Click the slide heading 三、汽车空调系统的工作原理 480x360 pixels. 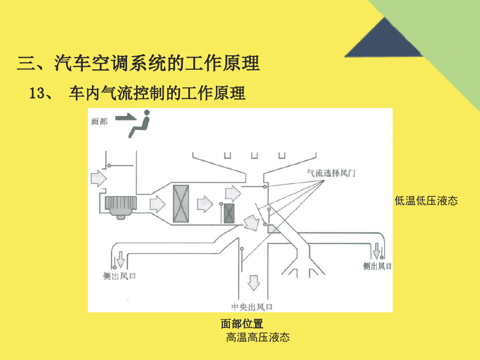click(x=139, y=63)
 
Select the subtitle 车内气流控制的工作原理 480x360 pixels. click(x=157, y=93)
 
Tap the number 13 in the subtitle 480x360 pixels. click(x=37, y=93)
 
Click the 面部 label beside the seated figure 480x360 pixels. click(x=99, y=122)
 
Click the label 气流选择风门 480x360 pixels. click(x=331, y=173)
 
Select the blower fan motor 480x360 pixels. click(x=121, y=207)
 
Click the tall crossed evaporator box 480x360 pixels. click(x=181, y=203)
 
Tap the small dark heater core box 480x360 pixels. click(x=229, y=213)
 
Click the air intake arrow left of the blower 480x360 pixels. click(x=98, y=178)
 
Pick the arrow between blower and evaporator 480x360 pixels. click(x=157, y=204)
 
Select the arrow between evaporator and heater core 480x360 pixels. click(x=205, y=204)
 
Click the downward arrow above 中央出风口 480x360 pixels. click(x=254, y=283)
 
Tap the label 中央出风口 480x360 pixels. click(x=252, y=307)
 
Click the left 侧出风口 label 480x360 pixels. click(x=119, y=276)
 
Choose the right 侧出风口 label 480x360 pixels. click(x=377, y=266)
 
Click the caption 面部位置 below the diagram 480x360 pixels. click(x=242, y=323)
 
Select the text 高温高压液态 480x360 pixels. click(x=258, y=337)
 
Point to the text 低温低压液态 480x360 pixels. click(x=426, y=201)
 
